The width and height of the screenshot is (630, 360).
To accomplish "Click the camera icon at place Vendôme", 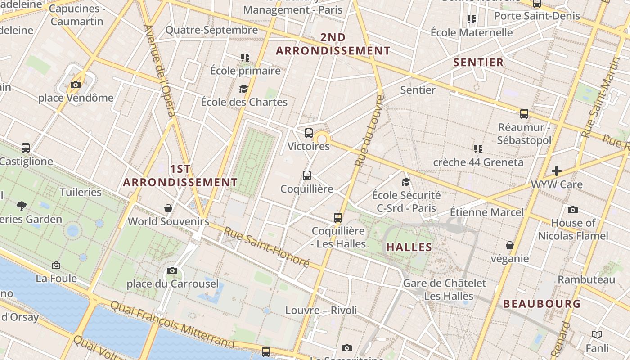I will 76,85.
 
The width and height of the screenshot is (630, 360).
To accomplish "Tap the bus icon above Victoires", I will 308,133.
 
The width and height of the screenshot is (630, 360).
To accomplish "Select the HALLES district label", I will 409,247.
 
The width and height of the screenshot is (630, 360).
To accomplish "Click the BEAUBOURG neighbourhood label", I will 542,304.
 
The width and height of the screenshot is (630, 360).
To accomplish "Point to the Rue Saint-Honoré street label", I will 267,247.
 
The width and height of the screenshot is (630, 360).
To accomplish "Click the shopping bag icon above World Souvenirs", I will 168,208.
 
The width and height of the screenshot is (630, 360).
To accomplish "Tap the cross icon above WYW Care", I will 557,171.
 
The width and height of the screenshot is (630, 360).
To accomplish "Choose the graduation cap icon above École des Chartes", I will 243,89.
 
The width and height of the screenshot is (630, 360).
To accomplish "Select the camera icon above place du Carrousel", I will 172,270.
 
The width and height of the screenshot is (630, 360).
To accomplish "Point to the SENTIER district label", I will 478,63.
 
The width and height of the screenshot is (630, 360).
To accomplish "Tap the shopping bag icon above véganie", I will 509,245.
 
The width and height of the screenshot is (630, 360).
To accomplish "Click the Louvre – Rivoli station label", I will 321,310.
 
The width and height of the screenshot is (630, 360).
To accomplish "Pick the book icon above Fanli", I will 597,335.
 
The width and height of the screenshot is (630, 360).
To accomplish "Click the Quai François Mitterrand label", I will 172,325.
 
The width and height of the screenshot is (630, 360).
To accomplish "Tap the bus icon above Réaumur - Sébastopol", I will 524,114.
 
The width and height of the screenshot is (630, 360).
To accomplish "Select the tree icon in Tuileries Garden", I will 21,206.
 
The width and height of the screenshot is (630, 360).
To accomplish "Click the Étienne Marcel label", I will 487,212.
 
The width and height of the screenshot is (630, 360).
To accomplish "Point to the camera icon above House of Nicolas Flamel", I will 572,210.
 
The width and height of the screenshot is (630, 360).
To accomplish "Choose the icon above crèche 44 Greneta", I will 478,148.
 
